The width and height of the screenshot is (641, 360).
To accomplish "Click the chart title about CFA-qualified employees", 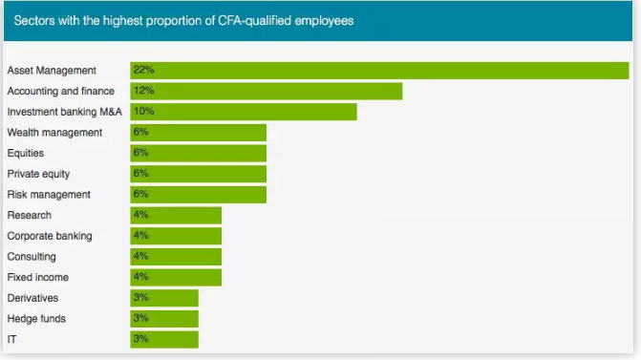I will coord(183,20).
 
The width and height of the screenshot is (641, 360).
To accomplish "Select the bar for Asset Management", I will coord(379,71).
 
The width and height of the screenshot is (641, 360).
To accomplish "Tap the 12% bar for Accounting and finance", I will coord(266,91).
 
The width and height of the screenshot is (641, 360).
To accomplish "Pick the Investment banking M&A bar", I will coord(244,112).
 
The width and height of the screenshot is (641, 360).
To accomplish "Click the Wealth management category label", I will coord(54,133).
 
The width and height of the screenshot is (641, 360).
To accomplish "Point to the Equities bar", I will coord(198,153).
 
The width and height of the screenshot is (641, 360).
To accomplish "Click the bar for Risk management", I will coord(198,195).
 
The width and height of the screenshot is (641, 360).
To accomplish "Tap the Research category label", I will coord(29,216).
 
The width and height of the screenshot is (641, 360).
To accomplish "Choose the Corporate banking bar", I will coord(176,236).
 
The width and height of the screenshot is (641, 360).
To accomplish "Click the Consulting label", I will coord(32,257).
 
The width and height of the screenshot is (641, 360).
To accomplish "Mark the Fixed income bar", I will coord(176,278).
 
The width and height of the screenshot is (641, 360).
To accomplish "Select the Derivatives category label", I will coord(32,298).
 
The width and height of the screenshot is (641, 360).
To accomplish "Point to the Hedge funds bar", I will coord(164,319).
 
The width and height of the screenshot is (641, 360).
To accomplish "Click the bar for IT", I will coord(164,340).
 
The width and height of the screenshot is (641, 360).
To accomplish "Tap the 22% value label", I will coord(143,71).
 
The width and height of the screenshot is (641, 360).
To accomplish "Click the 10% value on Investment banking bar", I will coord(143,112).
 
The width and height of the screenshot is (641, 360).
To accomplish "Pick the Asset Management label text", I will coord(52,71).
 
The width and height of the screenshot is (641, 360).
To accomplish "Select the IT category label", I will coord(11,340).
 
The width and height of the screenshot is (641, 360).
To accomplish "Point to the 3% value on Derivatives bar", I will coord(140,298).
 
